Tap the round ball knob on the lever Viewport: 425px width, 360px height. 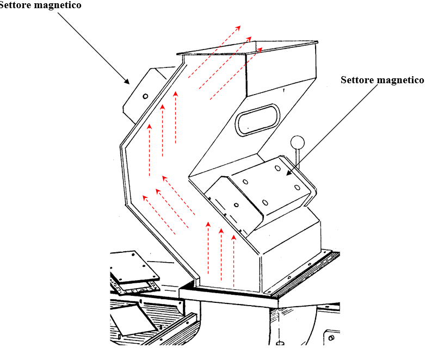tap(298, 142)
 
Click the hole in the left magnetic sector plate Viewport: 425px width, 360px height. tap(145, 96)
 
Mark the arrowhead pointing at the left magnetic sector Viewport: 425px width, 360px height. tap(127, 82)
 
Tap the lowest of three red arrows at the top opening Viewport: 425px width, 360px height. tap(236, 73)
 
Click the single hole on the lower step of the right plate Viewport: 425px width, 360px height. tap(236, 205)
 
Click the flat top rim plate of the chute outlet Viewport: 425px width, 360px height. tap(248, 47)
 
